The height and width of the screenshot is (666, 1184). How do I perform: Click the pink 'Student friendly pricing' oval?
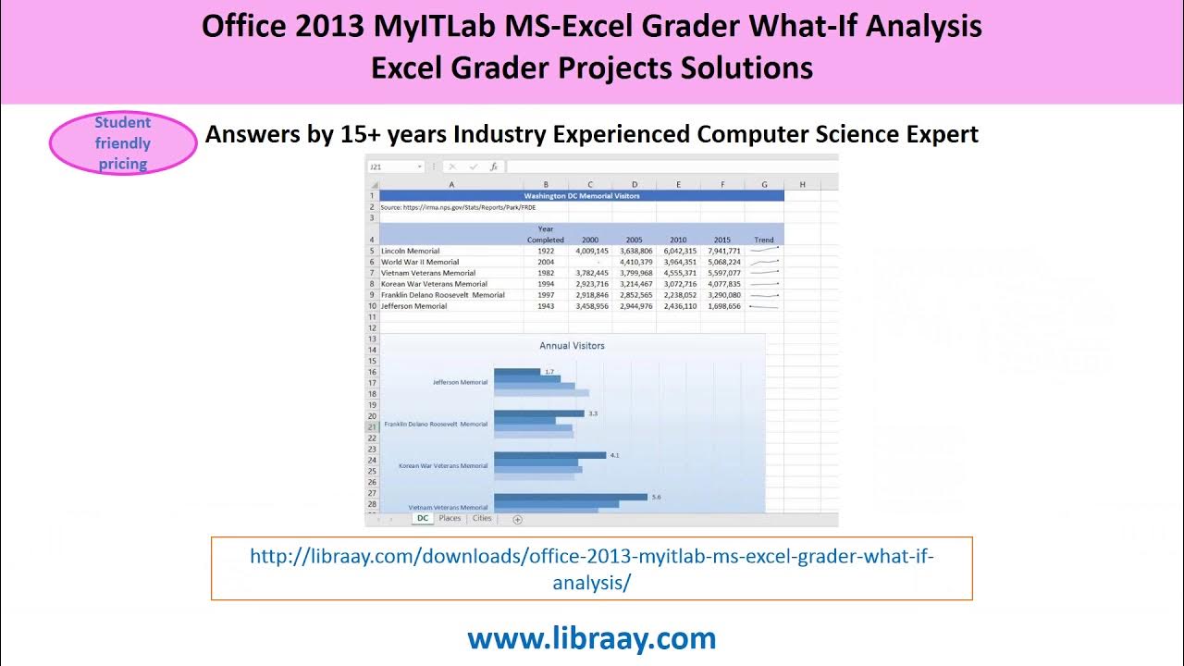pyautogui.click(x=123, y=143)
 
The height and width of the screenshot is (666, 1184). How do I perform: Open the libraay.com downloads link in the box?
pyautogui.click(x=591, y=568)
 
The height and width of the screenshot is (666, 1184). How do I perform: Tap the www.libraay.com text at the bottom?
pyautogui.click(x=591, y=638)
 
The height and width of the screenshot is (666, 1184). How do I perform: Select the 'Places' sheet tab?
pyautogui.click(x=450, y=519)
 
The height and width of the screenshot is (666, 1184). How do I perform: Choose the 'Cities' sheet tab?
pyautogui.click(x=482, y=519)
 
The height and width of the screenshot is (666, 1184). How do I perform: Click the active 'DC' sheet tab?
pyautogui.click(x=423, y=519)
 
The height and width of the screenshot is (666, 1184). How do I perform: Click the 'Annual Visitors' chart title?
pyautogui.click(x=572, y=346)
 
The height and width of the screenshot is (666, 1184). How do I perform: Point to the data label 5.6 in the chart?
pyautogui.click(x=656, y=497)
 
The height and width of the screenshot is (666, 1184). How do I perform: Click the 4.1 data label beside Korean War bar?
pyautogui.click(x=615, y=455)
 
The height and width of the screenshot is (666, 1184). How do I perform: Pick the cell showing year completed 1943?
pyautogui.click(x=546, y=306)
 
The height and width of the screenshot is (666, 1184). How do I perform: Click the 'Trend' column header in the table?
pyautogui.click(x=764, y=240)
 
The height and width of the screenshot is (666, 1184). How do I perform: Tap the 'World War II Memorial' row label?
pyautogui.click(x=419, y=262)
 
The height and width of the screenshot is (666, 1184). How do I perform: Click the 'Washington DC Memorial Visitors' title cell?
pyautogui.click(x=581, y=196)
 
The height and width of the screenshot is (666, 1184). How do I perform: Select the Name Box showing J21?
pyautogui.click(x=393, y=167)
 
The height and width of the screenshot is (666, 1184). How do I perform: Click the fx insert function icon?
pyautogui.click(x=494, y=167)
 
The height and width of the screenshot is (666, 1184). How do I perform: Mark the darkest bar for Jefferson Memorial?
pyautogui.click(x=516, y=372)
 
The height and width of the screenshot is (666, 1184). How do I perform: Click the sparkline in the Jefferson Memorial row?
pyautogui.click(x=764, y=306)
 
